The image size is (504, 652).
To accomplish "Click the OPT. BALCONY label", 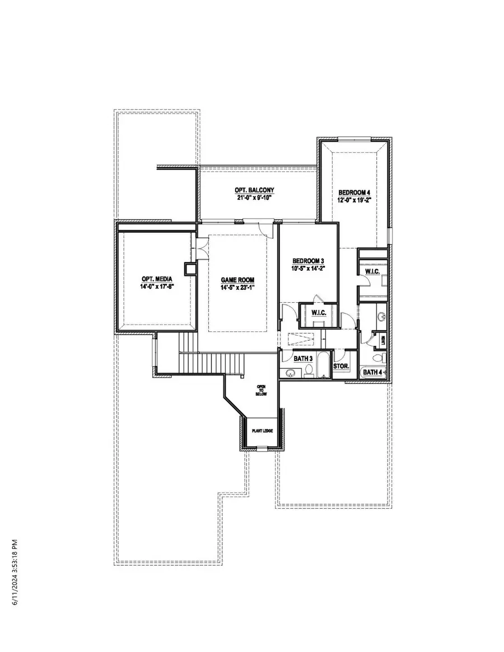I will pyautogui.click(x=254, y=190).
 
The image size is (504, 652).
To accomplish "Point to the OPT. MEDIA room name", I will pyautogui.click(x=156, y=279).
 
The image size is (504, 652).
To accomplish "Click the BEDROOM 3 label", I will pyautogui.click(x=309, y=261).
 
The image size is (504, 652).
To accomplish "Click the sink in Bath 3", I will pyautogui.click(x=291, y=373).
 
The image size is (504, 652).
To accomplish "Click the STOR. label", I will pyautogui.click(x=341, y=367).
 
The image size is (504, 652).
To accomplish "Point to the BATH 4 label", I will pyautogui.click(x=373, y=372).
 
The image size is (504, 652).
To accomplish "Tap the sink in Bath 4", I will pyautogui.click(x=381, y=318).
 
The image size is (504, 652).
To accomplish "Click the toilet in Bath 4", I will pyautogui.click(x=377, y=358).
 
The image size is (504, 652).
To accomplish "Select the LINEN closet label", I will pyautogui.click(x=384, y=339).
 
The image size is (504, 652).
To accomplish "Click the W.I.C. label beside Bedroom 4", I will pyautogui.click(x=373, y=271).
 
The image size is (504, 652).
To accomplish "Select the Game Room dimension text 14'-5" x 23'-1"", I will pyautogui.click(x=237, y=288).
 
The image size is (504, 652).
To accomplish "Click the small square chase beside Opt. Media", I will pyautogui.click(x=191, y=269).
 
